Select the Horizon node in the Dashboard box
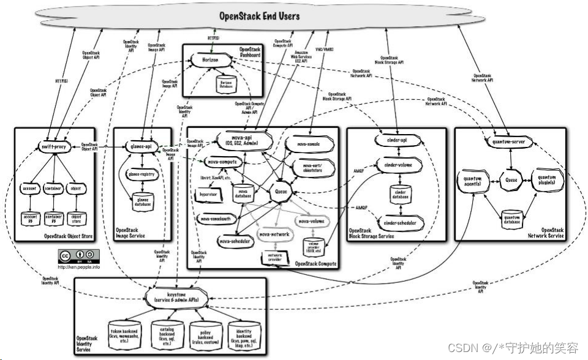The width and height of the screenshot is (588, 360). pos(205,60)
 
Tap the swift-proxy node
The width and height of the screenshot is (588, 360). pos(54,148)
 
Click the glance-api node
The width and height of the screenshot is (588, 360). pos(141,147)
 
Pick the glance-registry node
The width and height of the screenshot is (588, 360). pos(141,174)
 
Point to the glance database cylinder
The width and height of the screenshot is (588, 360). pos(141,200)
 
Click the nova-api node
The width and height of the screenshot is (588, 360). pos(234,141)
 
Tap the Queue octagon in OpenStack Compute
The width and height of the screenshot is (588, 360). pos(282,190)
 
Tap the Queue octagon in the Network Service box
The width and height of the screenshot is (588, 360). pos(511,181)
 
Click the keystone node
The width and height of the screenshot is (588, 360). pos(177,297)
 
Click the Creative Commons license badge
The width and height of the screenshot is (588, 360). pos(77,255)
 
